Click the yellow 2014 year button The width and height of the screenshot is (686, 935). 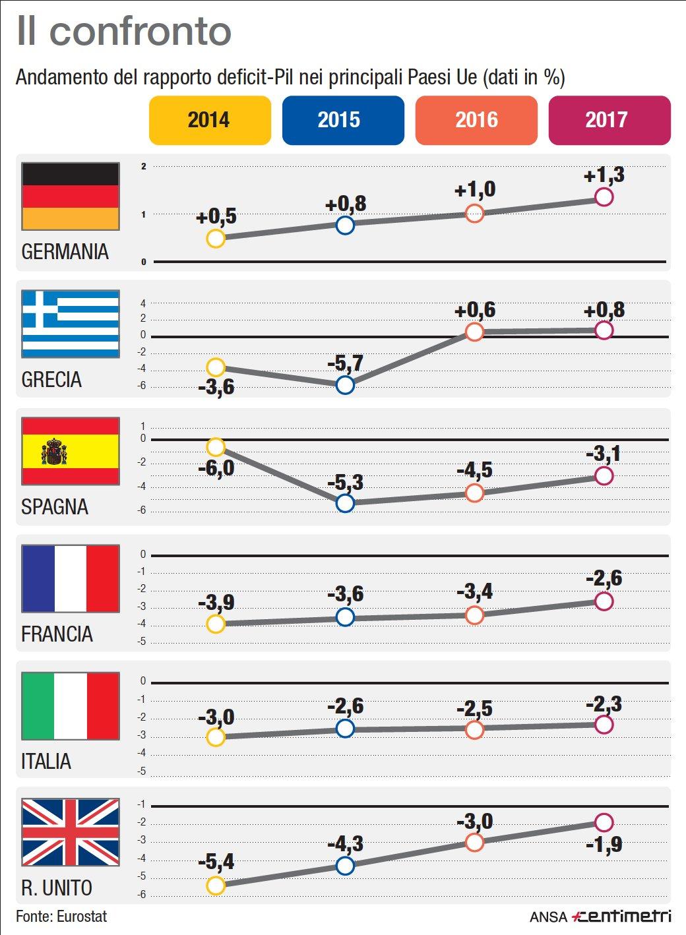pos(210,120)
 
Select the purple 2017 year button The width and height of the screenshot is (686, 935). pos(609,120)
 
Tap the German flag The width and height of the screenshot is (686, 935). pos(71,196)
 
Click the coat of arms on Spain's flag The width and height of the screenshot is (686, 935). pos(54,452)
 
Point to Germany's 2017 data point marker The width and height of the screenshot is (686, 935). pos(604,196)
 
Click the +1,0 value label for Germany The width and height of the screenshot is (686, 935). pos(475,190)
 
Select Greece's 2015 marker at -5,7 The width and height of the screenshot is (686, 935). pos(345,384)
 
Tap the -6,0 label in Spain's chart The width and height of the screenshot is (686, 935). pos(216,469)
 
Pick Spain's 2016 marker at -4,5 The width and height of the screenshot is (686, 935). pos(474,493)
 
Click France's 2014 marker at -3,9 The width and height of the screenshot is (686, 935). pos(216,624)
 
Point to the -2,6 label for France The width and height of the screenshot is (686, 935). pos(604,579)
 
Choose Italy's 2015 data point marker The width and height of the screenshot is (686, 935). pos(345,729)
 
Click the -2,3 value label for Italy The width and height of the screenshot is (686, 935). pos(604,704)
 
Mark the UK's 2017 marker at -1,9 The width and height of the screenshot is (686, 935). pos(604,822)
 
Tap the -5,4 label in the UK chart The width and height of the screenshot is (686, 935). pos(216,862)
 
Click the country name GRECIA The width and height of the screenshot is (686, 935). pos(51,380)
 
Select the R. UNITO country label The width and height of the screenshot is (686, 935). pos(57,888)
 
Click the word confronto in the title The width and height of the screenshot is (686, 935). pos(140,31)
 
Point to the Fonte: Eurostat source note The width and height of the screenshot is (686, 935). pos(61,917)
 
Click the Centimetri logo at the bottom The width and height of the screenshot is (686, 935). pos(621,916)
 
